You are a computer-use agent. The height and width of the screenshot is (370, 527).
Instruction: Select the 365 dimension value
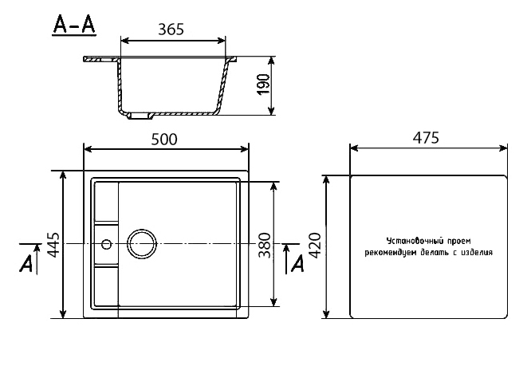(x=171, y=30)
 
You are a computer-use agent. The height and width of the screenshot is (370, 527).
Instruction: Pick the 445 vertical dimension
(x=53, y=246)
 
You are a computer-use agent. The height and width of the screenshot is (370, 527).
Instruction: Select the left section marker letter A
(x=28, y=263)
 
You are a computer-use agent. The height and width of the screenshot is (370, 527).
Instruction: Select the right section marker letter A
(x=298, y=263)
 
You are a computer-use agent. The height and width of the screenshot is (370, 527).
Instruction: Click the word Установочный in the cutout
(x=412, y=239)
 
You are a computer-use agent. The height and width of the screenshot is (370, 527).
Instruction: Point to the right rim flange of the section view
(x=232, y=58)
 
